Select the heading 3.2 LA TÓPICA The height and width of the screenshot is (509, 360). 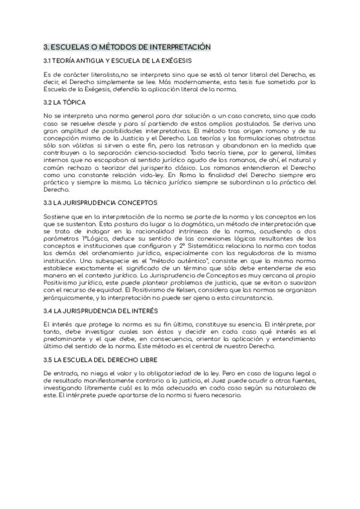pos(65,103)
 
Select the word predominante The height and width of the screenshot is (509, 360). pos(71,339)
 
